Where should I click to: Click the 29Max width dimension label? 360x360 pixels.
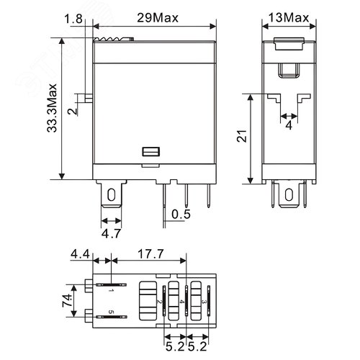click(156, 15)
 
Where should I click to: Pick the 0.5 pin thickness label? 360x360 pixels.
click(181, 214)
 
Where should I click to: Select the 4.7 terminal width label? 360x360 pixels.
click(110, 234)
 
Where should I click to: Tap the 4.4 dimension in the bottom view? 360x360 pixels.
click(80, 253)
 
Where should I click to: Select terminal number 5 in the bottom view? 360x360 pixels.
click(111, 312)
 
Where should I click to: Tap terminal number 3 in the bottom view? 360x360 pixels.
click(205, 301)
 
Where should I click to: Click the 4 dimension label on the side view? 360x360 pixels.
click(288, 125)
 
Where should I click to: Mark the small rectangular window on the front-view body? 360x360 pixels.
click(151, 153)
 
